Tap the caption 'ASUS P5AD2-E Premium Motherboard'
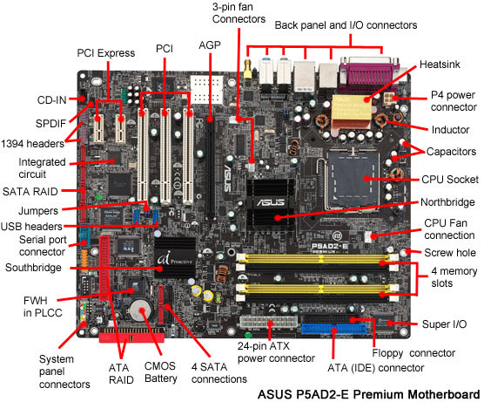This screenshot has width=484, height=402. coord(368,392)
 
